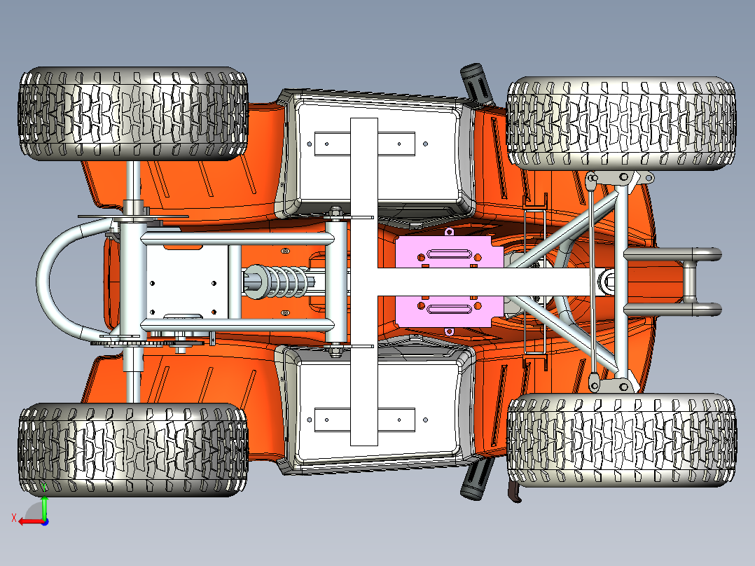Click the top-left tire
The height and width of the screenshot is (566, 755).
coord(133,113)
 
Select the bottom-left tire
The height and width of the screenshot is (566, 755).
coord(133,450)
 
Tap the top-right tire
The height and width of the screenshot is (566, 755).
coord(621,123)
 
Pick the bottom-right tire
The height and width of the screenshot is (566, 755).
coord(621,441)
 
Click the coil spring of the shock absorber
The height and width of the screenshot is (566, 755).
coord(287,282)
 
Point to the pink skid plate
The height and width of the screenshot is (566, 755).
coord(449,282)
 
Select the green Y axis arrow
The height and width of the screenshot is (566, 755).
coord(44,504)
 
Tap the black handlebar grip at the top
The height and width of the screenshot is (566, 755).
coord(476,83)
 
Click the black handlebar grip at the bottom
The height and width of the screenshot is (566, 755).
coord(476,479)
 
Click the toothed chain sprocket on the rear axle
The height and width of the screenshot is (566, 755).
coord(144,343)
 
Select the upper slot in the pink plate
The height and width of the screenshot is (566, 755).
coord(449,254)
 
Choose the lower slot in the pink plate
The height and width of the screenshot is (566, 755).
coord(449,309)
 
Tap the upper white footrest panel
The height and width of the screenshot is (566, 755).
coord(378,153)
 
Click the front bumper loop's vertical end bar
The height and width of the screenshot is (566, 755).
coord(689,282)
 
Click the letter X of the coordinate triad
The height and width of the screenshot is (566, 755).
coord(14,518)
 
